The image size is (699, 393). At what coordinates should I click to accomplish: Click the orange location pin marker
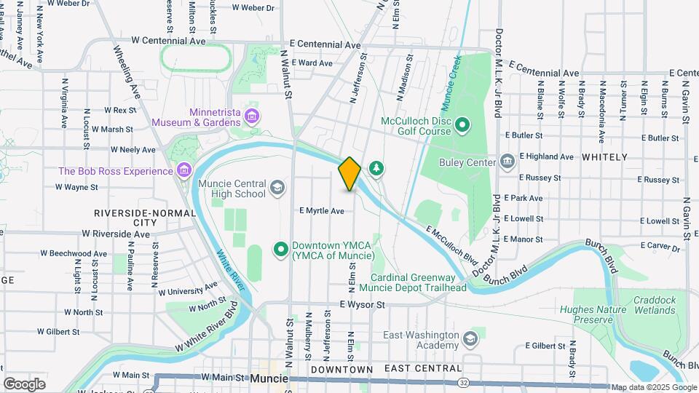click(x=349, y=173)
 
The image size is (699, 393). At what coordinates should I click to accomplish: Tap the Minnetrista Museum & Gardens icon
click(x=252, y=116)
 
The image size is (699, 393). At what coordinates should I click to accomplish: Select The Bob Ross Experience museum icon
click(x=184, y=171)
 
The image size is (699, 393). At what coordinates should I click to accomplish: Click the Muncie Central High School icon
click(x=276, y=188)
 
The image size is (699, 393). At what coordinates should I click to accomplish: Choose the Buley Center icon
click(x=508, y=162)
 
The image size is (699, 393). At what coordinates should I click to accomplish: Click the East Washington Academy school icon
click(x=470, y=339)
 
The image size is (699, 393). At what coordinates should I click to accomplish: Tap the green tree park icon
click(x=376, y=169)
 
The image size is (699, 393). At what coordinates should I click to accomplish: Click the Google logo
click(x=24, y=384)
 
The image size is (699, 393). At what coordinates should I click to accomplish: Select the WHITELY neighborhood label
click(x=604, y=157)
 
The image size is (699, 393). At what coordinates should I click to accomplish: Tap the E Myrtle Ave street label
click(x=321, y=211)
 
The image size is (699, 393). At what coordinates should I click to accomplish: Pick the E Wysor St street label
click(x=362, y=305)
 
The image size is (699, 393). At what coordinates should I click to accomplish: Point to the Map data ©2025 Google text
click(x=653, y=386)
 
